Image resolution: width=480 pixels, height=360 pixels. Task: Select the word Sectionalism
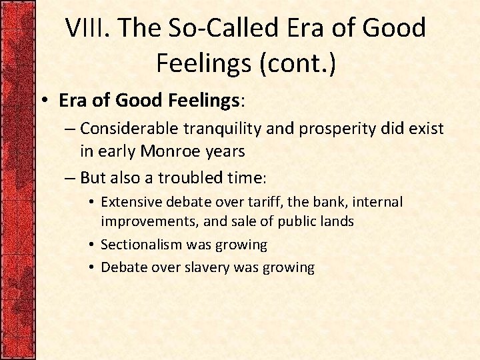(142, 245)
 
